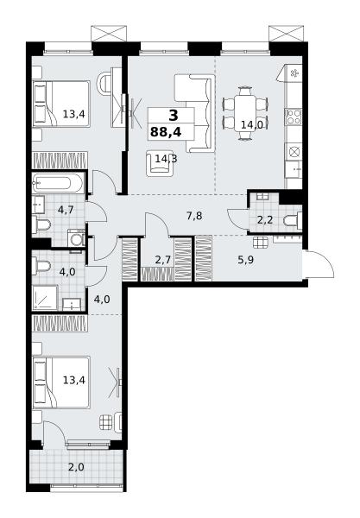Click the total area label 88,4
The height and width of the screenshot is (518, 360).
[x=166, y=132]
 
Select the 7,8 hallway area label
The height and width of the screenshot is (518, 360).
[x=194, y=216]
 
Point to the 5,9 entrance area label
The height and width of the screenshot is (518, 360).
[x=246, y=260]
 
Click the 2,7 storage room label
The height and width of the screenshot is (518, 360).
[x=163, y=260]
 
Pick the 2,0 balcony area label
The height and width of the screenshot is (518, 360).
[x=77, y=467]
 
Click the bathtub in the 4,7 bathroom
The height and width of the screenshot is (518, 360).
[x=59, y=183]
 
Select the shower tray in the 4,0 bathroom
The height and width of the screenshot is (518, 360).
[x=45, y=298]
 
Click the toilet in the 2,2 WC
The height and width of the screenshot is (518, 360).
[x=293, y=219]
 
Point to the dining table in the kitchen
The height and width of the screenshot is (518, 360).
[x=245, y=113]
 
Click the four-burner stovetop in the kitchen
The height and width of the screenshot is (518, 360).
[x=294, y=117]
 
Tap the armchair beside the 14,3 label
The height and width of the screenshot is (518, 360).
[x=160, y=163]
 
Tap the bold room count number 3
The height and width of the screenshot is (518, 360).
[x=173, y=116]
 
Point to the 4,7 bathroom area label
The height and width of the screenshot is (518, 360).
[x=65, y=210]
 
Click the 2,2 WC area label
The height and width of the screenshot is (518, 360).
[x=265, y=219]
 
